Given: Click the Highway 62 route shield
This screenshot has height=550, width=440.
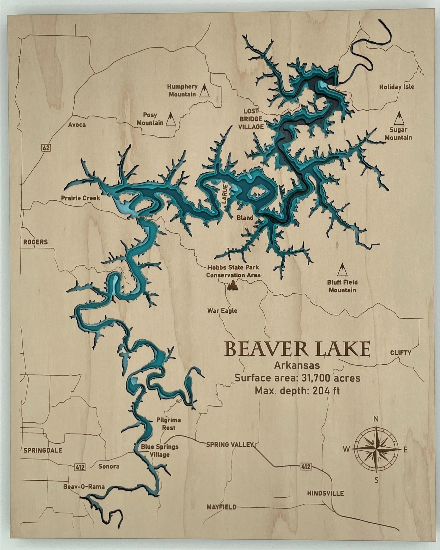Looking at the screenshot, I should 46,147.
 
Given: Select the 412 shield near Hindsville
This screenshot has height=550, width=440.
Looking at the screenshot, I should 306,467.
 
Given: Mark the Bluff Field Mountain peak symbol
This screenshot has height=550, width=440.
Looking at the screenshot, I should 342,270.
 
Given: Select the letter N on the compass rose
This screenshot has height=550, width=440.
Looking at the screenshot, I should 376,419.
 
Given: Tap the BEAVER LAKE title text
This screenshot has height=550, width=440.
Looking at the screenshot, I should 297,350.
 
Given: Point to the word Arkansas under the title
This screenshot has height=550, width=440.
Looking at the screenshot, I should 297,365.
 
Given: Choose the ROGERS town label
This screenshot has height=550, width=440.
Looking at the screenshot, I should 35,242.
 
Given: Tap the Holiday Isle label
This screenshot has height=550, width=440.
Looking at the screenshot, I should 396,87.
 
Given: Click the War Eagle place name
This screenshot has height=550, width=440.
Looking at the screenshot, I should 222,311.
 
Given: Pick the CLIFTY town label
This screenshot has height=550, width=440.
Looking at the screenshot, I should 400,353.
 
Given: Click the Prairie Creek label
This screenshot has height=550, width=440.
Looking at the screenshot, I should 80,198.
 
